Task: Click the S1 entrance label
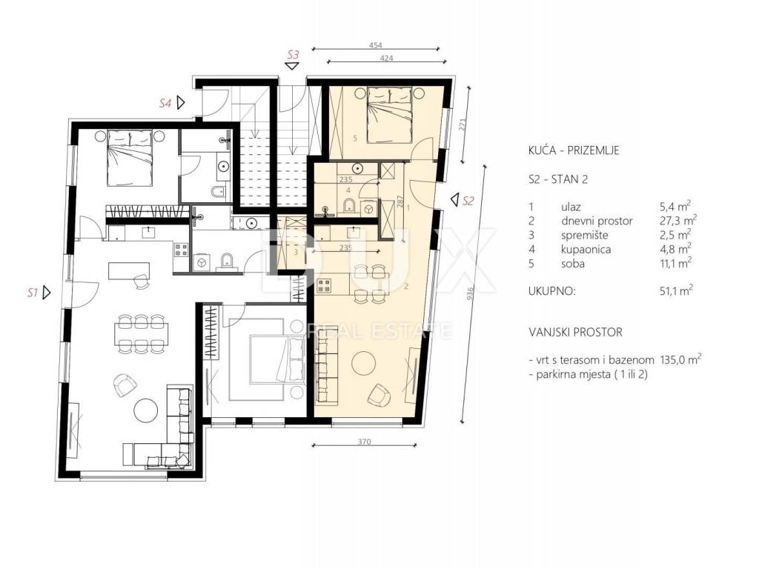(33, 293)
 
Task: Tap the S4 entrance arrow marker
(181, 102)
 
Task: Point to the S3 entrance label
(293, 54)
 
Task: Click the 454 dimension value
(376, 45)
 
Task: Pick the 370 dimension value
(364, 442)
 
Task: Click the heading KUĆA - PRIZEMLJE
(574, 150)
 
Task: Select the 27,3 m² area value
(678, 220)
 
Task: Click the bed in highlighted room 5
(390, 115)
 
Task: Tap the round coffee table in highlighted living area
(363, 363)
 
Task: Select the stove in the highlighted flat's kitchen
(323, 286)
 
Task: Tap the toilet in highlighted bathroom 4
(350, 206)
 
